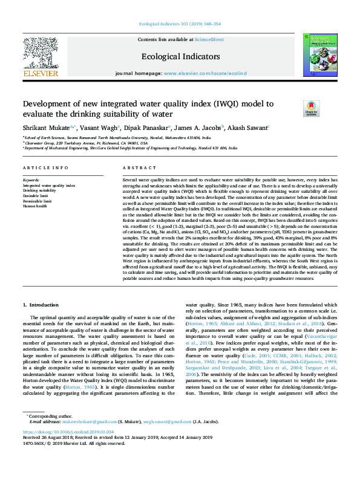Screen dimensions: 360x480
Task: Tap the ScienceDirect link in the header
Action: click(x=209, y=39)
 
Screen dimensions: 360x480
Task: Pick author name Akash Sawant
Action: click(x=249, y=128)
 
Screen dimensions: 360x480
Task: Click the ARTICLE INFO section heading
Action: click(x=45, y=167)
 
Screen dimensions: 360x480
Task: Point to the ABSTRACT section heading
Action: click(x=136, y=167)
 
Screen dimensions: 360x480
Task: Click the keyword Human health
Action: click(x=35, y=206)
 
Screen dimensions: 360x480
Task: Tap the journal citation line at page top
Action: click(x=180, y=24)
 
